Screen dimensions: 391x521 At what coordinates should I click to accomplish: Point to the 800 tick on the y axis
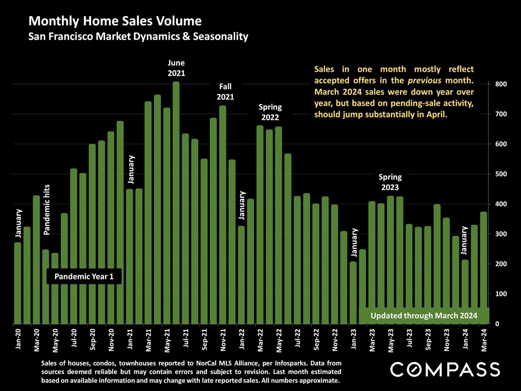[x=501, y=84]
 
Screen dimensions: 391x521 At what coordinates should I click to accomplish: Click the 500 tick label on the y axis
[x=501, y=174]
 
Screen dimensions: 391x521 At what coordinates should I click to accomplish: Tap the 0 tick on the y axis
[x=497, y=324]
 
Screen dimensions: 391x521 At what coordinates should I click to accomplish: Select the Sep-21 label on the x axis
[x=204, y=339]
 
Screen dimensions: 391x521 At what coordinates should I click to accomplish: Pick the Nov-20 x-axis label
[x=111, y=340]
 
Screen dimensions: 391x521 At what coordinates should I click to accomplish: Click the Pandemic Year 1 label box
[x=84, y=276]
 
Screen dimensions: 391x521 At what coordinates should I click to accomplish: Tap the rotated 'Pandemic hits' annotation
[x=47, y=210]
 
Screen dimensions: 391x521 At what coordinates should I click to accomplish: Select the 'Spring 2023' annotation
[x=390, y=182]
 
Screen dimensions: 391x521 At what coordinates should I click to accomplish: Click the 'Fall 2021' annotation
[x=225, y=92]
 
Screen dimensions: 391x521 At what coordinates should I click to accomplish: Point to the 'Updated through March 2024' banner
[x=424, y=316]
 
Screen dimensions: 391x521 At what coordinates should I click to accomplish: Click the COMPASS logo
[x=445, y=370]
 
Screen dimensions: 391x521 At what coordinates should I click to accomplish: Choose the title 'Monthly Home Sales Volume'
[x=115, y=21]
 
